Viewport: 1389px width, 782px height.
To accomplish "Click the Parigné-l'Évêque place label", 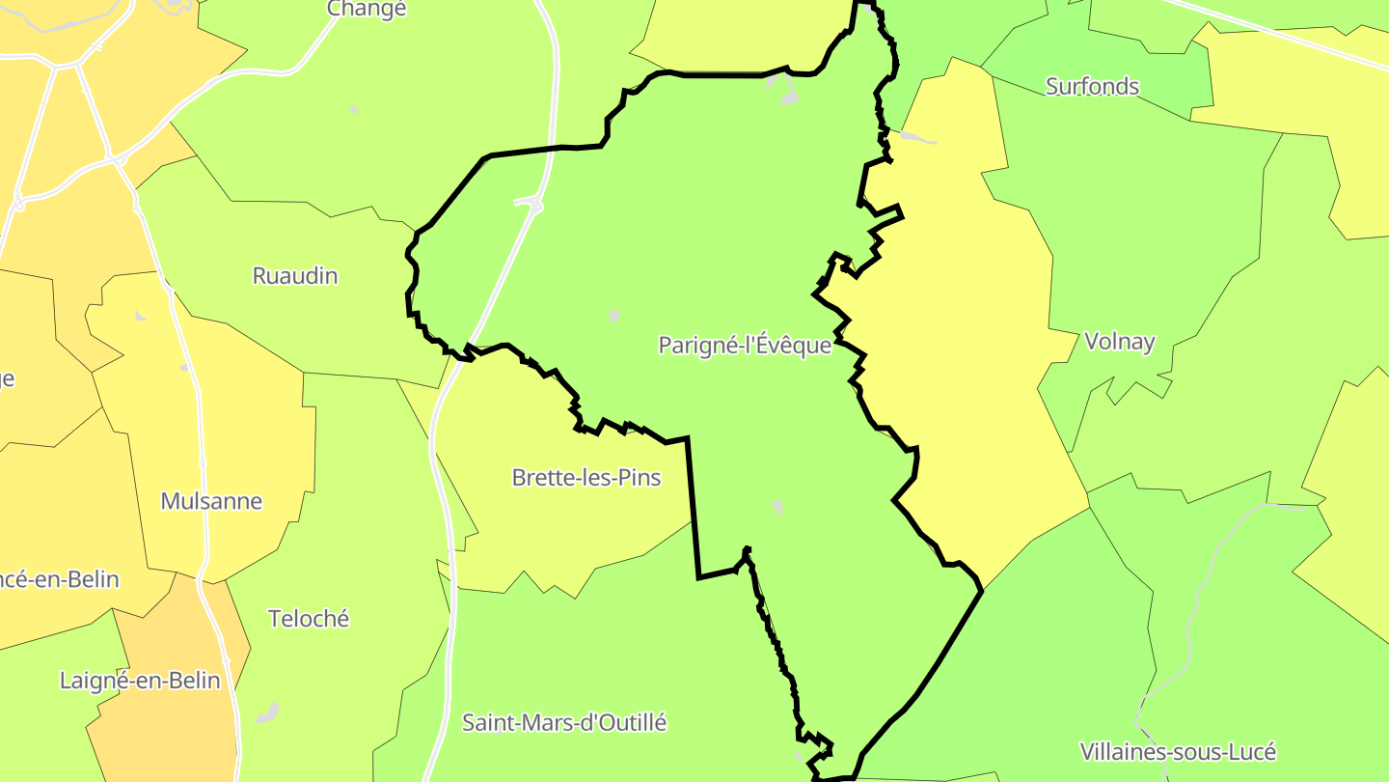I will (745, 345).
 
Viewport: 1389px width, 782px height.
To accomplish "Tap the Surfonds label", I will (1092, 87).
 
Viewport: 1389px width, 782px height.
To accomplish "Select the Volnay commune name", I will (1119, 341).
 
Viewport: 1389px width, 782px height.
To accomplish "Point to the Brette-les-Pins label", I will (586, 477).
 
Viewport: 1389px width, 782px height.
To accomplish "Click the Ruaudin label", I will (295, 276).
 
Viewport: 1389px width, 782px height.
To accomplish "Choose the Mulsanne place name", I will (211, 501).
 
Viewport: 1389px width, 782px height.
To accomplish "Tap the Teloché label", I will (309, 619).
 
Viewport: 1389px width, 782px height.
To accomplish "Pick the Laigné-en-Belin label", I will (140, 681).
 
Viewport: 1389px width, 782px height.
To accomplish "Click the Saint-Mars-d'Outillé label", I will (564, 722).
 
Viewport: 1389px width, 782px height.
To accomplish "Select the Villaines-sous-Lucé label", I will (1178, 752).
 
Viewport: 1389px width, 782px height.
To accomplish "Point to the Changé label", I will (367, 10).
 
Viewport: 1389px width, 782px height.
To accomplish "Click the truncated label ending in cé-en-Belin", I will (60, 579).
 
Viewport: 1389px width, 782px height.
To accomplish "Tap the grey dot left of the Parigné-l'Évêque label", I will (613, 316).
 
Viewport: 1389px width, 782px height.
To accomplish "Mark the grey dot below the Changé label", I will (354, 110).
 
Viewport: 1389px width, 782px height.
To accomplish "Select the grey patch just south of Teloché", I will (268, 713).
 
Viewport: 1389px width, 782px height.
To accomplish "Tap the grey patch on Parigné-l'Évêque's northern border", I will (785, 89).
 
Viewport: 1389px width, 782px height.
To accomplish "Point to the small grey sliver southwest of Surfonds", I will (917, 138).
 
